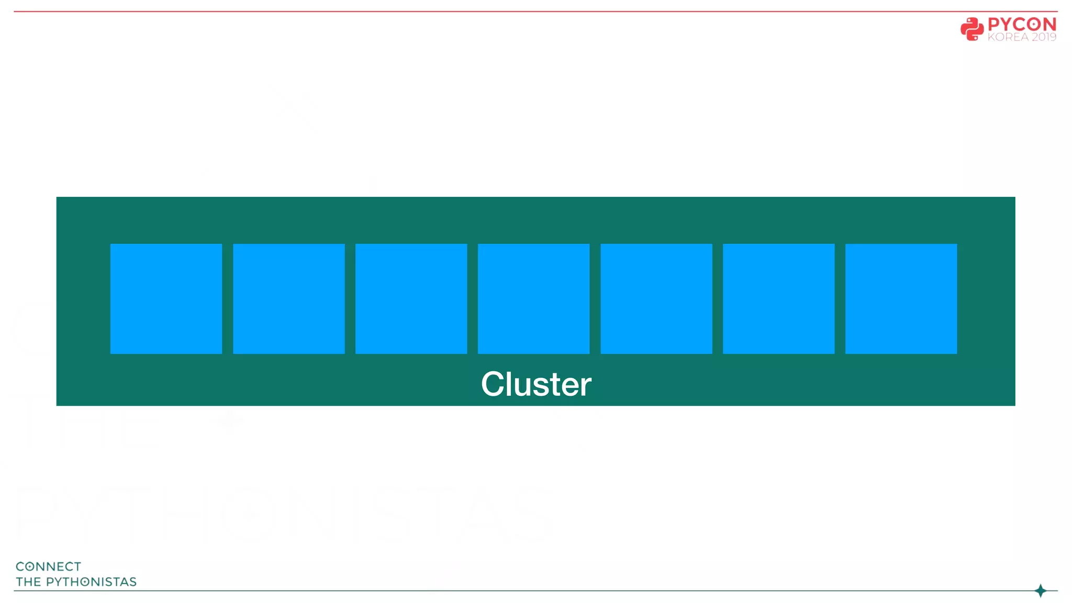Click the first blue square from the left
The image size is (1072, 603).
click(x=166, y=298)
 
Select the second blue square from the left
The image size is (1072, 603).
click(x=288, y=298)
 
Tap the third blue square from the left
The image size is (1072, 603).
click(x=411, y=298)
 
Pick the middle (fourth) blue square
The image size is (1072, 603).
click(x=533, y=298)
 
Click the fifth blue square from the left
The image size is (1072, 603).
click(x=656, y=298)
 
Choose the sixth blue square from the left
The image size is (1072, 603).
click(x=778, y=298)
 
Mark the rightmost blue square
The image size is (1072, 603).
click(x=901, y=298)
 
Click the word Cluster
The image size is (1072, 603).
click(x=536, y=384)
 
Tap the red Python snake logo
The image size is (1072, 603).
click(x=972, y=29)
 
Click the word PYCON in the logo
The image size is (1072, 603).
click(x=1022, y=24)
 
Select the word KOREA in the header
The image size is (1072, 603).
click(x=1008, y=37)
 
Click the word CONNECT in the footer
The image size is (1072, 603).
click(x=48, y=566)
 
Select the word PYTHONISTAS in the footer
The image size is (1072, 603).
click(x=91, y=582)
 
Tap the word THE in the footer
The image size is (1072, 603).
click(x=28, y=582)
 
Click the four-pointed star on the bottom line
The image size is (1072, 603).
click(x=1041, y=590)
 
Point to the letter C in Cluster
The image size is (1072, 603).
click(x=492, y=384)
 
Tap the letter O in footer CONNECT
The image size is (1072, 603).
click(x=30, y=566)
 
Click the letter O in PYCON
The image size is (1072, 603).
click(x=1033, y=24)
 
